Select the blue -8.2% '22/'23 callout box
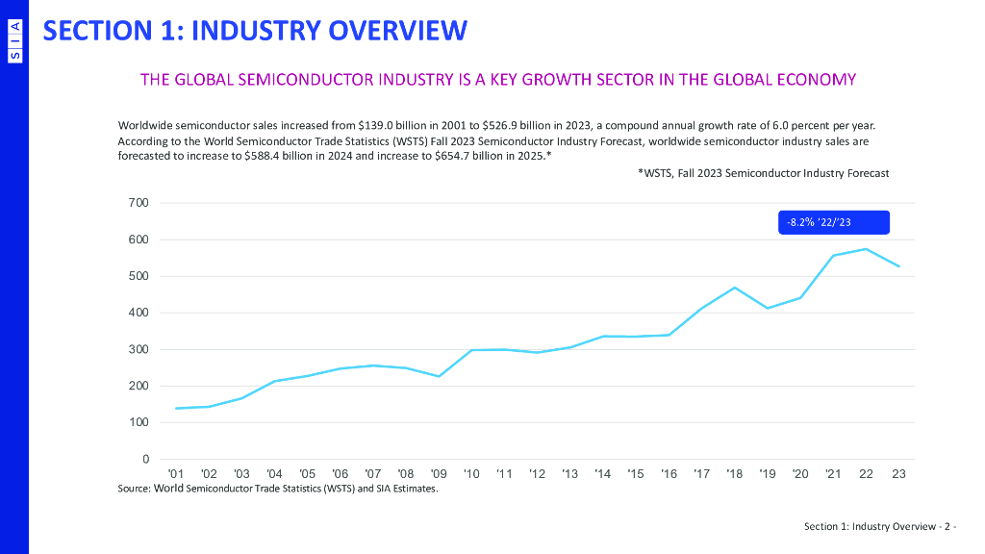coord(833,222)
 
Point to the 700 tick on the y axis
coord(139,203)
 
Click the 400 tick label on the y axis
coord(139,313)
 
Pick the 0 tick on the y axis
coord(145,459)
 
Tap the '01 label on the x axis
coord(176,474)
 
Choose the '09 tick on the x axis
coord(439,474)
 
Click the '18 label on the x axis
coord(734,474)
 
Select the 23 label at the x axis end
coord(898,474)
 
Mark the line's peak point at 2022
coord(866,249)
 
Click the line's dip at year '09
coord(439,376)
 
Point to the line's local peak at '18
coord(734,288)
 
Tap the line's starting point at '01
coord(176,408)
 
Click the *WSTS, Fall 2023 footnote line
coord(763,173)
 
